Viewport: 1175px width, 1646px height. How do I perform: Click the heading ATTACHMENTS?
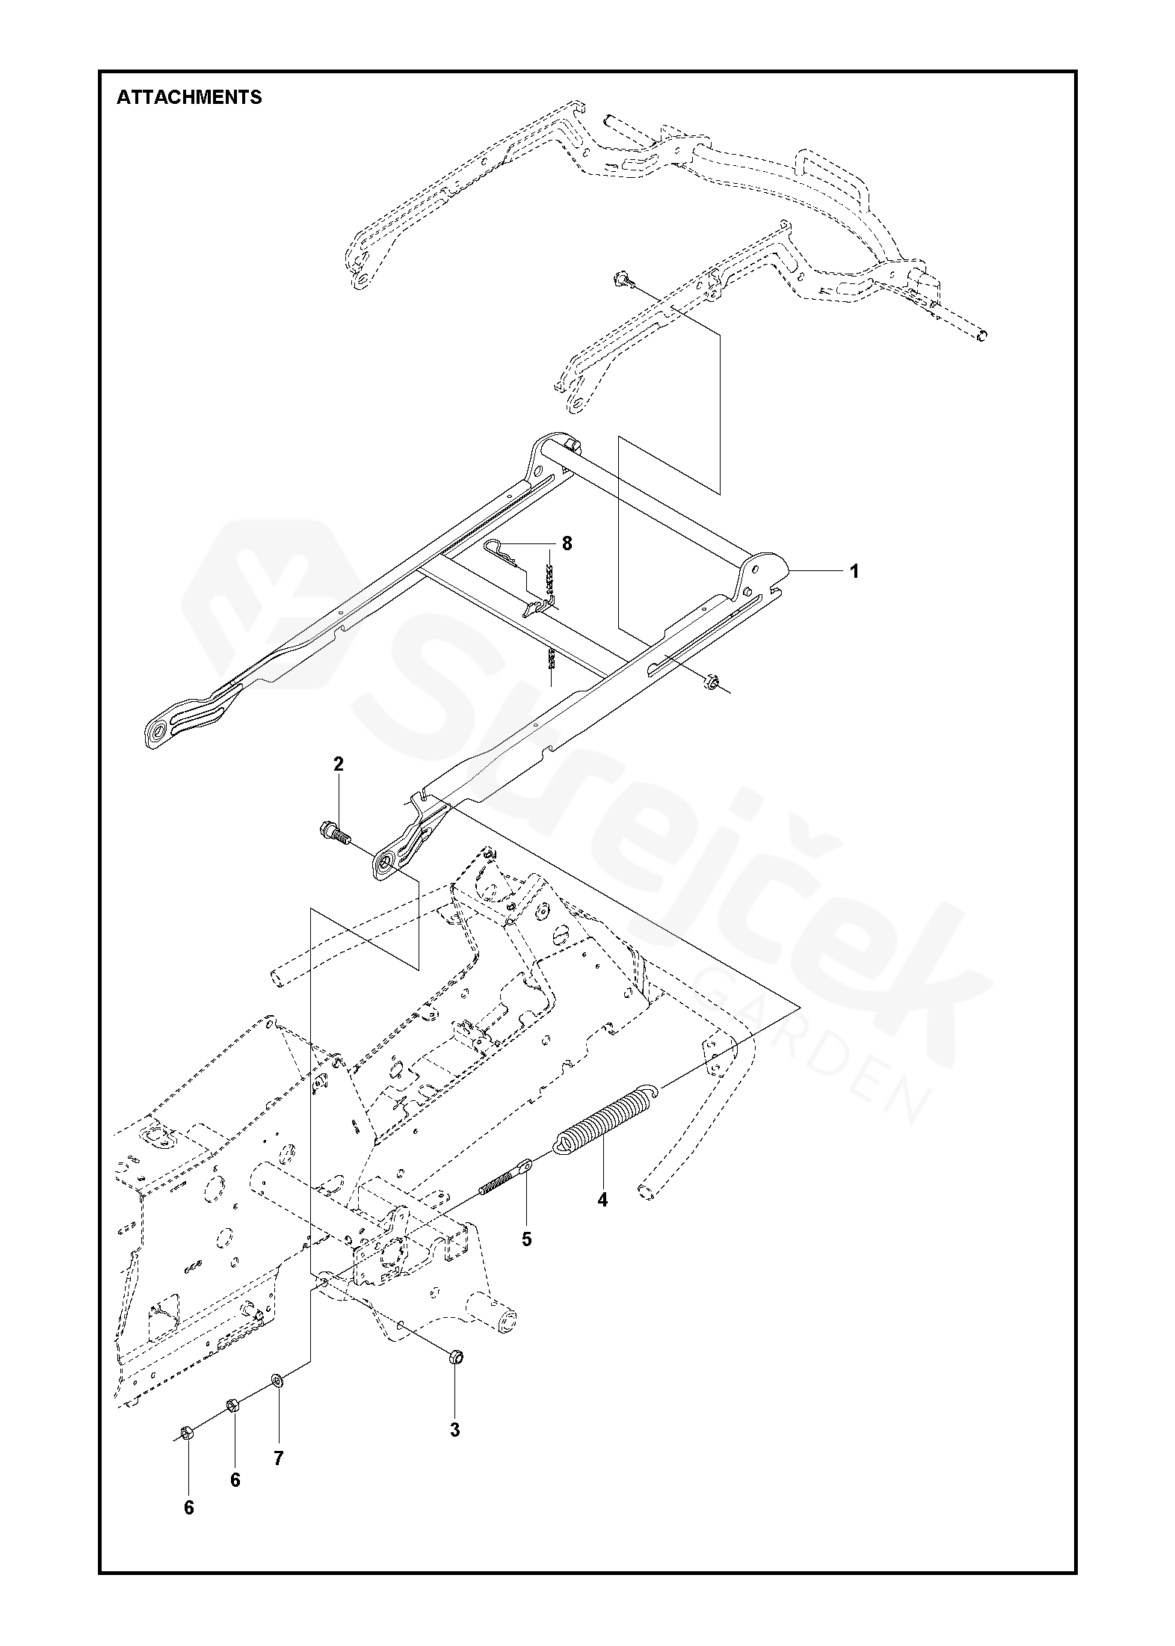(189, 97)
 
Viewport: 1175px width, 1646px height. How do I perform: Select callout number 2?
(339, 764)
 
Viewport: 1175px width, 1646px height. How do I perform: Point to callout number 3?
(454, 1430)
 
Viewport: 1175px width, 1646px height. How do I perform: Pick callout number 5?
(526, 1239)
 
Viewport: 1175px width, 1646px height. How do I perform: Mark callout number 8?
(567, 543)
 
